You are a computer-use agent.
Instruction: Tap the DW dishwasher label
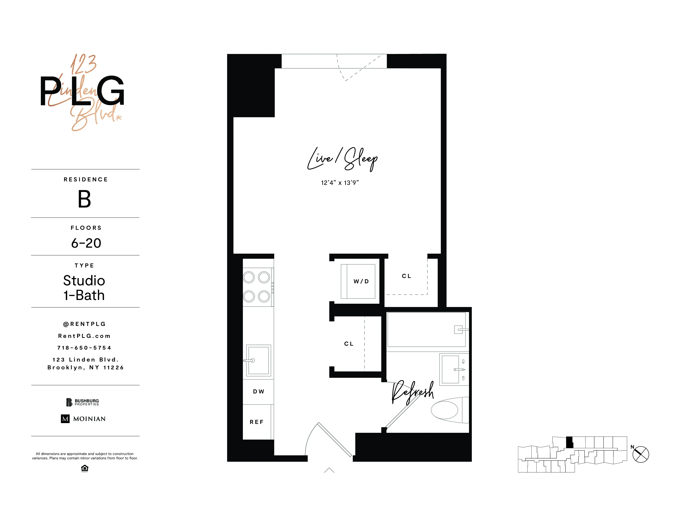(x=258, y=392)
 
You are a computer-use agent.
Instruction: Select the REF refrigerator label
(x=257, y=422)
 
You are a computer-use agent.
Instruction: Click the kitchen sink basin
(x=258, y=360)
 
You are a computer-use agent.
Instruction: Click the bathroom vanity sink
(x=451, y=370)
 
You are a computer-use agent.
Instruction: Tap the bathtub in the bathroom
(x=426, y=330)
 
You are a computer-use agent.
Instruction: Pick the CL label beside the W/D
(x=406, y=276)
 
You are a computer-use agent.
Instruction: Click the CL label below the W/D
(x=349, y=344)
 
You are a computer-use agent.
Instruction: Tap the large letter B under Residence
(x=84, y=199)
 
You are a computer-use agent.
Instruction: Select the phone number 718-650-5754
(x=84, y=348)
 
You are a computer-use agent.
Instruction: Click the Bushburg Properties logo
(x=82, y=402)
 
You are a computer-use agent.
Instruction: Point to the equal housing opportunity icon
(x=85, y=468)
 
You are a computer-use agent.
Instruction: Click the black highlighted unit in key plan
(x=569, y=442)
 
